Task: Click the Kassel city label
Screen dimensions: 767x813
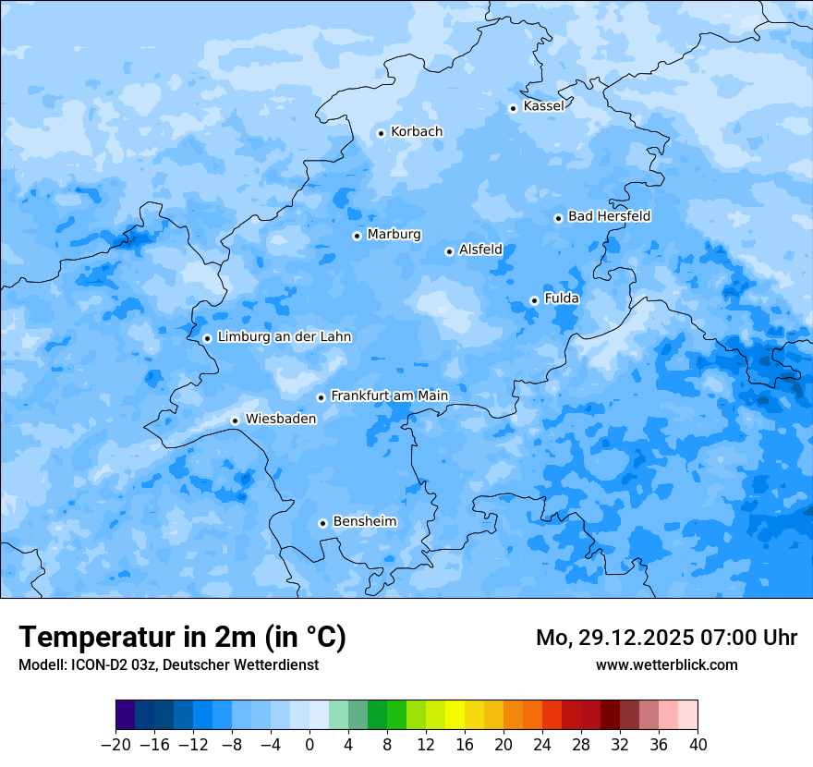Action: (x=543, y=106)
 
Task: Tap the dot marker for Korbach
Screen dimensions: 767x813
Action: (x=381, y=133)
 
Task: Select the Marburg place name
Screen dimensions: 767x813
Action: (x=394, y=235)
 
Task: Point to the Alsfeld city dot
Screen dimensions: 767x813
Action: (x=449, y=251)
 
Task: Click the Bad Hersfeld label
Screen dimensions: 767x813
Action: (x=609, y=216)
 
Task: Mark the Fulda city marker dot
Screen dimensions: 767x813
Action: (x=534, y=300)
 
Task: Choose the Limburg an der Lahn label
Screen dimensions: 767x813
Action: (x=284, y=337)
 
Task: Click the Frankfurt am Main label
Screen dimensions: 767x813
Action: (x=389, y=396)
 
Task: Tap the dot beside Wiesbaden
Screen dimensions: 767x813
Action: (x=236, y=420)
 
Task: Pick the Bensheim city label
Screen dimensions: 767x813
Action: (x=364, y=522)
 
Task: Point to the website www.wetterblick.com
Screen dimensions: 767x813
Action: (x=666, y=665)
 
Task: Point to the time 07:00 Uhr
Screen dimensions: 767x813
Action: (x=749, y=638)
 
